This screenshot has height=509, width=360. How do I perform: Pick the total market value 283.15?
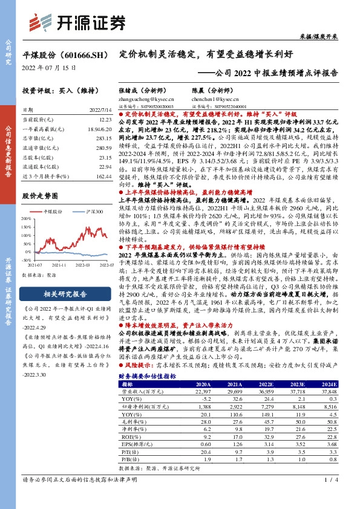[x=103, y=137]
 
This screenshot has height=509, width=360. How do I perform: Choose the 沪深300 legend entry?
[x=91, y=212]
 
